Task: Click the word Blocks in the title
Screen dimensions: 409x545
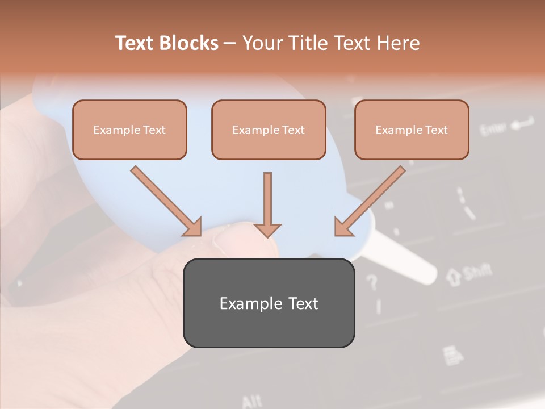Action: tap(188, 43)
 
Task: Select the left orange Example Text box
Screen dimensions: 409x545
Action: tap(129, 130)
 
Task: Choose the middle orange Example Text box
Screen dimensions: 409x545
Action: tap(269, 130)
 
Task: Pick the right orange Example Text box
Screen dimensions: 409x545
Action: tap(412, 130)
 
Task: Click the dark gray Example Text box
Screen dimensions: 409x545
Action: tap(269, 303)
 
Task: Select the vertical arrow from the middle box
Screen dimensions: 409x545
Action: tap(267, 202)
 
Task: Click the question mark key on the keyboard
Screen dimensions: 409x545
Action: tap(372, 281)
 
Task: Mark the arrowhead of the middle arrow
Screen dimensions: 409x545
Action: tap(267, 229)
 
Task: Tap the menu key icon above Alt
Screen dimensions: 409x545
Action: tap(454, 355)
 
